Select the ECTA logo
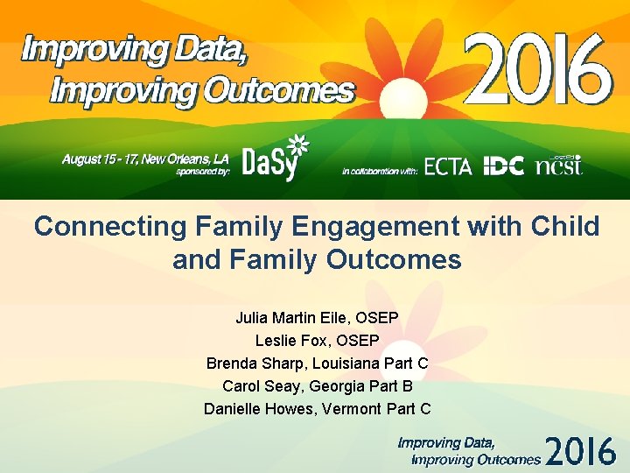click(x=447, y=166)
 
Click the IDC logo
click(x=503, y=166)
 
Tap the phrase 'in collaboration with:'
click(x=380, y=171)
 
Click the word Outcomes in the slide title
click(x=393, y=260)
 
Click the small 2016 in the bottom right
click(x=581, y=450)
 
